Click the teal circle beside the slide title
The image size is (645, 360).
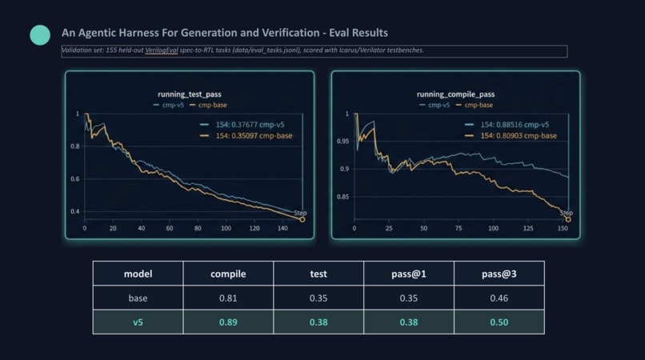pos(40,35)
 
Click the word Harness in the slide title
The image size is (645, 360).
pos(138,33)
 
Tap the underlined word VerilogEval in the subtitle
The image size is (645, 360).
pos(162,50)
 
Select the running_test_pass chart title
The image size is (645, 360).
pos(189,94)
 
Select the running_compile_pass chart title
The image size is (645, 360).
pos(455,94)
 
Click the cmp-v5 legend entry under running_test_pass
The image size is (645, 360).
pos(169,105)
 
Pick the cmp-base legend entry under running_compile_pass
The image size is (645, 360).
pos(475,105)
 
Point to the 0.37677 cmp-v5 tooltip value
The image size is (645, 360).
pos(250,125)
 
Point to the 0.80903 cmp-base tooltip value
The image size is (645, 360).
pos(519,136)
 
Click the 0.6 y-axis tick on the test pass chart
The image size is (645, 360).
pos(75,179)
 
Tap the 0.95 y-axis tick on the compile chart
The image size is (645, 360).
pos(343,141)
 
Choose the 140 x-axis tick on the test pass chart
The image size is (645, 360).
pos(282,228)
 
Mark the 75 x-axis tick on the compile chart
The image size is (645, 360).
pos(459,228)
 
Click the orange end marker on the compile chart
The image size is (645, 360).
pos(568,220)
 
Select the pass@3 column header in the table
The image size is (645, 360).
pos(499,274)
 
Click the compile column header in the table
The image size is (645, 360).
pos(228,274)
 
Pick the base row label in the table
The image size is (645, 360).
pos(138,298)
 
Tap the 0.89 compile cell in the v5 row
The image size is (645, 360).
pos(228,322)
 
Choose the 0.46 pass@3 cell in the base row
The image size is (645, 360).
pos(499,298)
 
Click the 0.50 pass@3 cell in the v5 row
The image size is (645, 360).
pos(499,322)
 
